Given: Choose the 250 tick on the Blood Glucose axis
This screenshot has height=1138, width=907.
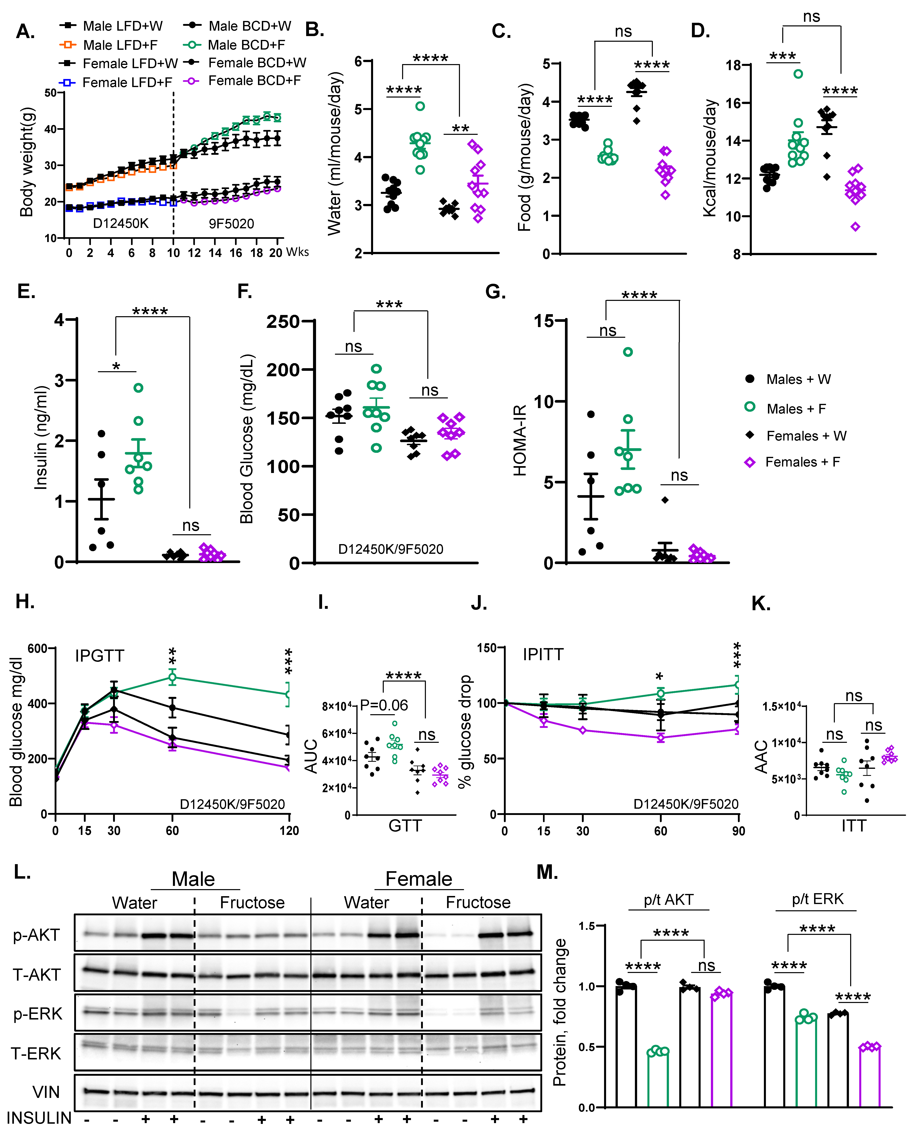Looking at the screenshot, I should (283, 321).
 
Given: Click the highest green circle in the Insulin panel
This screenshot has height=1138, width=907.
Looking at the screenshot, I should (138, 388).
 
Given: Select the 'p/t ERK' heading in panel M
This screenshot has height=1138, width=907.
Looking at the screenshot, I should (817, 899).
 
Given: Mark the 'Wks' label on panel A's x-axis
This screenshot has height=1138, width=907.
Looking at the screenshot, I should (297, 252).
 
